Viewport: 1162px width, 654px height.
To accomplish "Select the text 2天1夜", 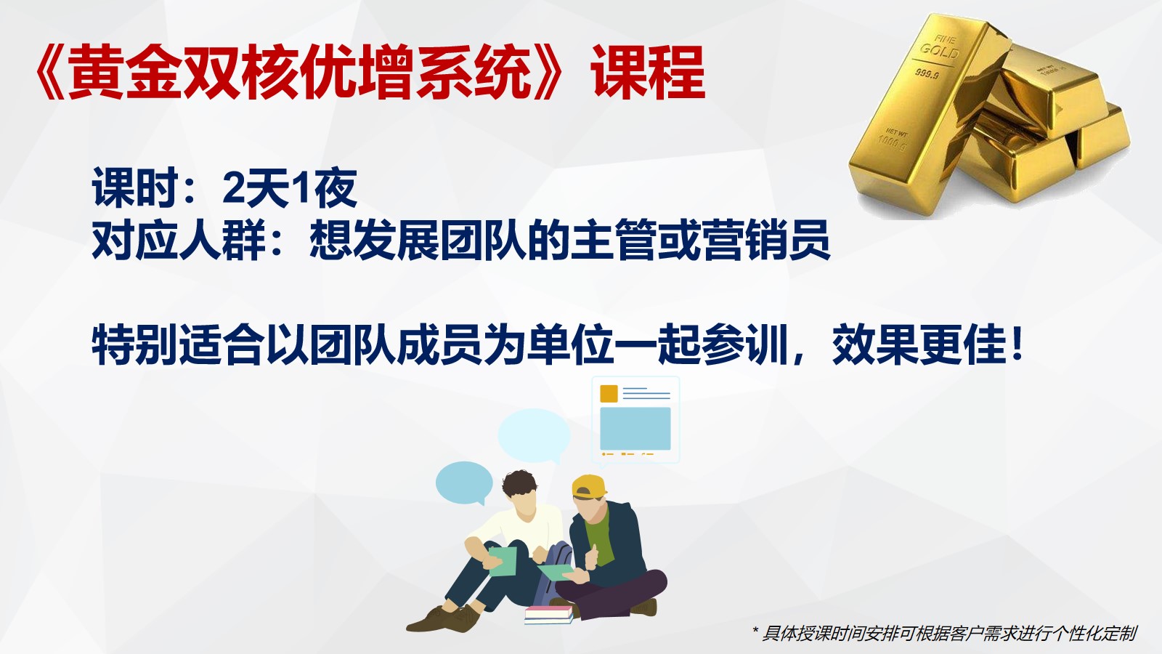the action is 290,187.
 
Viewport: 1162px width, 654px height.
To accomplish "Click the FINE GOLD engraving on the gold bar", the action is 940,46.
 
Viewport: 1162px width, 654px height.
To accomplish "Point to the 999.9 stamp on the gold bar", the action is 927,73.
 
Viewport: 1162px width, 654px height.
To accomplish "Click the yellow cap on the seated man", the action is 589,486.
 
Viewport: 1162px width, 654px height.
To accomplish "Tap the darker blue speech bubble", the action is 464,483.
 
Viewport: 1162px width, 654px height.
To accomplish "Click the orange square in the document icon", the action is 609,393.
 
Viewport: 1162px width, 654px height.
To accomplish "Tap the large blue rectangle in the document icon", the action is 635,428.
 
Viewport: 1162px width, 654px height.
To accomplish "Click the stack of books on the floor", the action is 548,615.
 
